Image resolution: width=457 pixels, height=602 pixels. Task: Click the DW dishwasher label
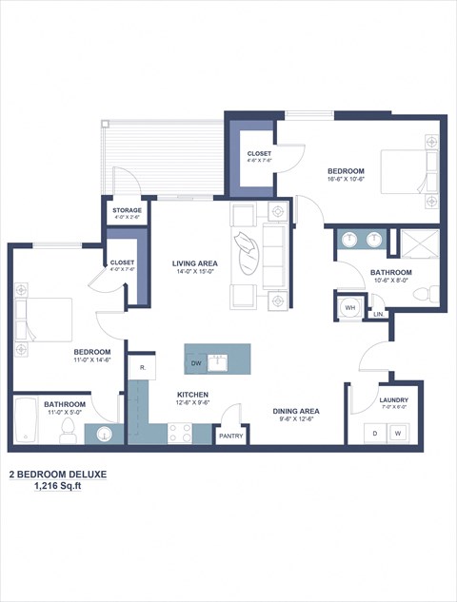coord(196,363)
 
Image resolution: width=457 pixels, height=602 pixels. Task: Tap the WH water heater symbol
coord(349,307)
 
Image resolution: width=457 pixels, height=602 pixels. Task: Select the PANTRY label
coord(231,437)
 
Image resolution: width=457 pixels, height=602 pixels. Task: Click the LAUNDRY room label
coord(393,400)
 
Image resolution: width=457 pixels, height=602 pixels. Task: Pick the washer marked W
coord(398,433)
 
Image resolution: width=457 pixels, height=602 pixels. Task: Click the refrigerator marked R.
coord(142,367)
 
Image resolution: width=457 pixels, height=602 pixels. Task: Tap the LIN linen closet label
coord(378,314)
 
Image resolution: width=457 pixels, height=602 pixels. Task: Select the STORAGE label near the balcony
coord(127,210)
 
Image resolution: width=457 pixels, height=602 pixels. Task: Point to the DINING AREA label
coord(296,411)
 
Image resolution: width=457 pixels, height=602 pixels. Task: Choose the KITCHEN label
coord(192,395)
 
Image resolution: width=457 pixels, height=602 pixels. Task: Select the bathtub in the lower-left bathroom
coord(27,420)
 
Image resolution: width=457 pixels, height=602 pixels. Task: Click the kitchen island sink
coord(218,361)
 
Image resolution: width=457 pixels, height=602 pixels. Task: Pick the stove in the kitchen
coord(181,433)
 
